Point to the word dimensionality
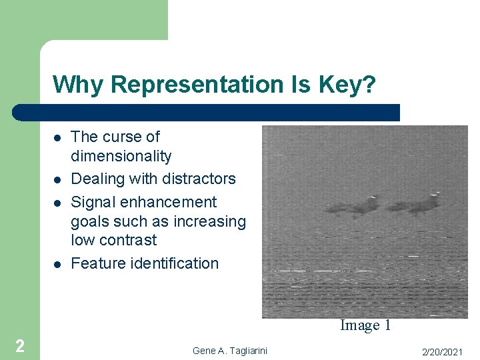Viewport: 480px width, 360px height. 121,156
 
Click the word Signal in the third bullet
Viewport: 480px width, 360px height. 94,202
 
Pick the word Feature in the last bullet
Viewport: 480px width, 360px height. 97,263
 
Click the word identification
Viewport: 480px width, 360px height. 174,263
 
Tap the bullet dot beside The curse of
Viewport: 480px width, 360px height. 57,138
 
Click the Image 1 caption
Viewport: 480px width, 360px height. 365,325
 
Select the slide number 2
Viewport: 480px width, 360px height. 20,345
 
